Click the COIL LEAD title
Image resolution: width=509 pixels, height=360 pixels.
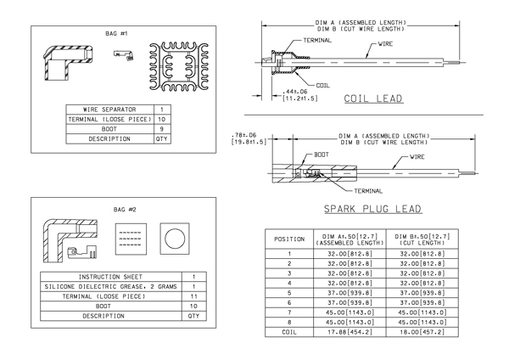[373, 98]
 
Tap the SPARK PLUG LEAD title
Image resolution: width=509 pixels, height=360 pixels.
[373, 209]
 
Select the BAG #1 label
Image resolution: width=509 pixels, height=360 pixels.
[116, 33]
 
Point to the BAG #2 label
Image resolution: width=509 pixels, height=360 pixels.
[125, 210]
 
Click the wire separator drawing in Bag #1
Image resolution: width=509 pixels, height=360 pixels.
[179, 66]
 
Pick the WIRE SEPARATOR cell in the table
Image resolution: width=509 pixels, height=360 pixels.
[109, 110]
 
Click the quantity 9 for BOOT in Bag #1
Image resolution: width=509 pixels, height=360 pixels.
[162, 129]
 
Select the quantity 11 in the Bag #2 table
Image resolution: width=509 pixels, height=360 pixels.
[193, 296]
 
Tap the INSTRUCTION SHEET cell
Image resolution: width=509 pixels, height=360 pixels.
[110, 277]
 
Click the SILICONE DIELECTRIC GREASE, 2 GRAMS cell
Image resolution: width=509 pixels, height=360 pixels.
[110, 287]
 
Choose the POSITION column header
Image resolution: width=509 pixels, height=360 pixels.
[289, 239]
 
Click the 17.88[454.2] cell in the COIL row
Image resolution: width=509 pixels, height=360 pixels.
[350, 332]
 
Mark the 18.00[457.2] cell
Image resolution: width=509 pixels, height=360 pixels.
[422, 332]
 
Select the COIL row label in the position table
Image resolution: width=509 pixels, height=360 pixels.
[289, 332]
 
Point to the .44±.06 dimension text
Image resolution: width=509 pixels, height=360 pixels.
[294, 92]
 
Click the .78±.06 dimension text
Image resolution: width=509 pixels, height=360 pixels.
[243, 135]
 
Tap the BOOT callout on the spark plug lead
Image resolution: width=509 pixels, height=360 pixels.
[322, 155]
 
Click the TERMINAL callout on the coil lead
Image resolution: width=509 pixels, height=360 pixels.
[317, 40]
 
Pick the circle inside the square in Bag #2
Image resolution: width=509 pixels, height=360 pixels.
[175, 239]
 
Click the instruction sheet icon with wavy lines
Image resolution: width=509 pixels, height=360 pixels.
[131, 239]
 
